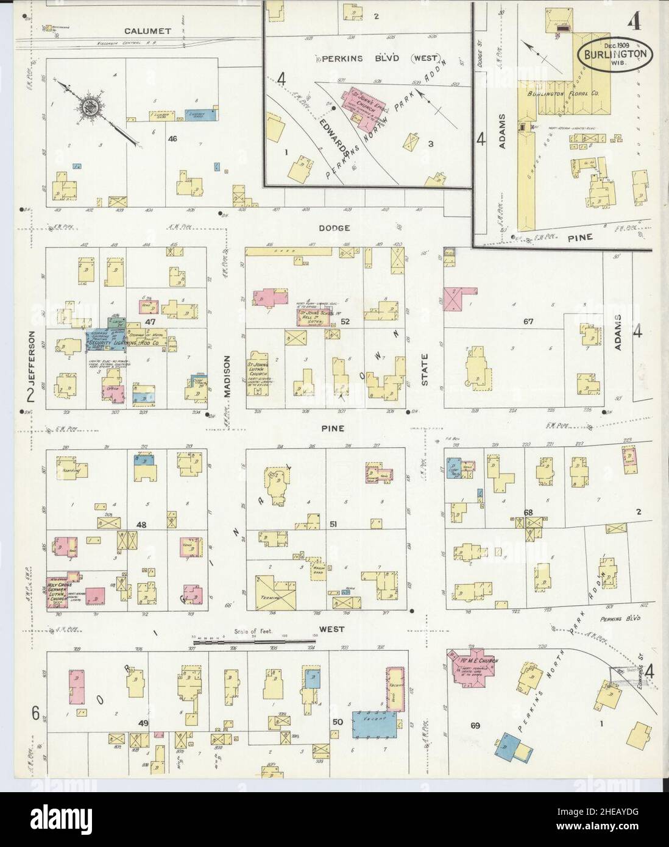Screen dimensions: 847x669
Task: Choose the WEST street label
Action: [334, 629]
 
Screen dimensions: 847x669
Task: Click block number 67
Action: [528, 321]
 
